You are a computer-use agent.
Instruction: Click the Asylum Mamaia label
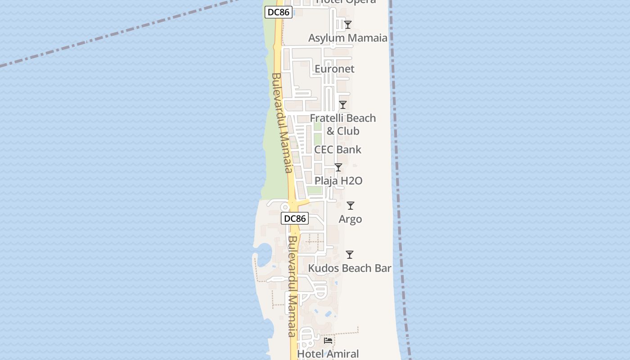click(347, 38)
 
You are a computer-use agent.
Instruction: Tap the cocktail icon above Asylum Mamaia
click(347, 25)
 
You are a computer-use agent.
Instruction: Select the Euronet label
click(334, 69)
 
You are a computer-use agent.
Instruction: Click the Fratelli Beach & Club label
click(343, 124)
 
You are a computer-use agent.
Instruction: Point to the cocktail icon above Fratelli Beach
click(343, 105)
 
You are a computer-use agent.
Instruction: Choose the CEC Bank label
click(337, 149)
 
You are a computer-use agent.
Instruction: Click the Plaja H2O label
click(338, 181)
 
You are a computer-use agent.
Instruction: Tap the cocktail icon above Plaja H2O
click(338, 167)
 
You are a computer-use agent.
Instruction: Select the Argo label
click(350, 219)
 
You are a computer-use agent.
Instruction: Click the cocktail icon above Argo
click(350, 206)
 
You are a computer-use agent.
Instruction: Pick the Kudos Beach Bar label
click(350, 268)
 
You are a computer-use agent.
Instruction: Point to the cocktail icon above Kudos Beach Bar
click(349, 255)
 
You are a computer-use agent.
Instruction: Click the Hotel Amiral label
click(328, 354)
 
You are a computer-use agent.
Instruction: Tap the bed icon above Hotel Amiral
click(328, 341)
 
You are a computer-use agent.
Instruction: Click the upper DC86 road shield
click(278, 12)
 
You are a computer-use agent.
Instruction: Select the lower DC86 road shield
click(295, 219)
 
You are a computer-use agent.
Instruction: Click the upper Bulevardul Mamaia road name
click(282, 122)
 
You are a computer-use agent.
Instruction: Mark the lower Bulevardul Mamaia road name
click(292, 286)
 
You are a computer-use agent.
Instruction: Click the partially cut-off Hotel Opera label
click(346, 2)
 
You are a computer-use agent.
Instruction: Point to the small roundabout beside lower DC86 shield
click(285, 207)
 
